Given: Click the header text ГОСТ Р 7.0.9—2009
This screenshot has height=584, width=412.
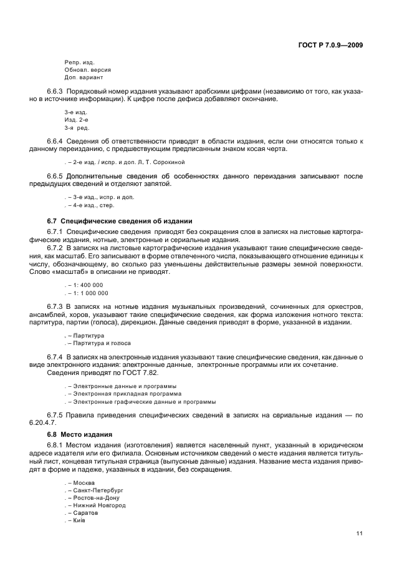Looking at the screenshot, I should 330,45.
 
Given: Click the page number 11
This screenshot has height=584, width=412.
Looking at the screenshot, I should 360,533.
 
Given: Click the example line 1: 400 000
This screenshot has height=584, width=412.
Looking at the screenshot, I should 85,285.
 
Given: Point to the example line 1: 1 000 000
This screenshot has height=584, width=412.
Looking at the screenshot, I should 88,293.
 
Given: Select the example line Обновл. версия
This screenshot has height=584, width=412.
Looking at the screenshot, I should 87,70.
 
